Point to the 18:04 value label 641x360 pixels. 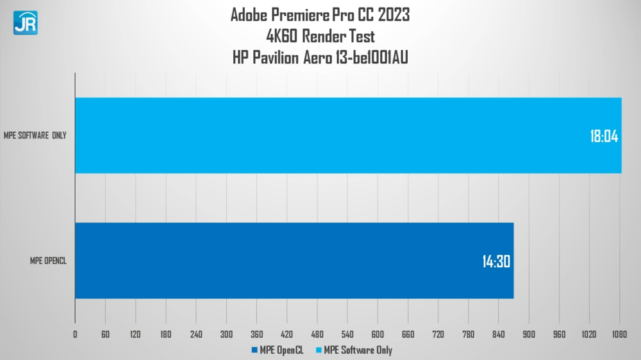604,136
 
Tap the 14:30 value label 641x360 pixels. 496,261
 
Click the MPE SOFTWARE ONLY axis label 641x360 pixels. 35,135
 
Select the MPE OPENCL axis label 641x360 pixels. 48,261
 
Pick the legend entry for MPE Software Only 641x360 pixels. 354,350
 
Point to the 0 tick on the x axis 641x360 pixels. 75,334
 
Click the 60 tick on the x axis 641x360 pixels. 105,334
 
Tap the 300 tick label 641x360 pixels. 226,334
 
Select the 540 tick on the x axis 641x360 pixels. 347,334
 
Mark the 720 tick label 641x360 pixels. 438,334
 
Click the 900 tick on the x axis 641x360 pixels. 529,334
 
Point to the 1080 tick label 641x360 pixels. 619,334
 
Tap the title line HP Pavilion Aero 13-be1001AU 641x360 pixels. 320,58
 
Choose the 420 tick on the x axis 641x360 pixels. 287,334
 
